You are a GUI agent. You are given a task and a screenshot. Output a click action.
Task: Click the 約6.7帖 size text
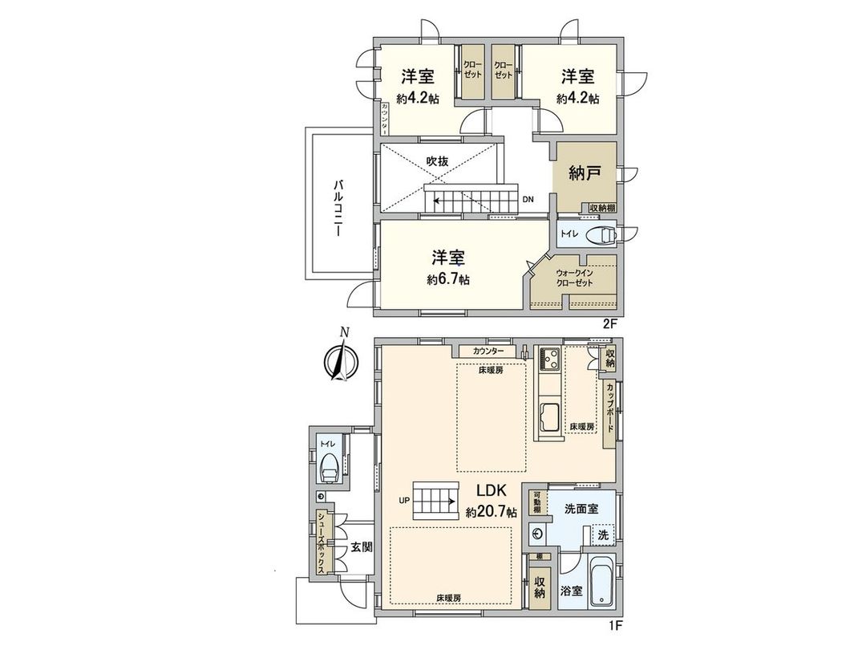(x=448, y=280)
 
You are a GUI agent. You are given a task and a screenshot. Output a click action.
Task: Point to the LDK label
(x=492, y=491)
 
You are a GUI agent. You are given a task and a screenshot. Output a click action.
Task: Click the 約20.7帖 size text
(x=492, y=511)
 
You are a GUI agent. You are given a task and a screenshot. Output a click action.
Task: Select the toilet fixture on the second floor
(x=600, y=235)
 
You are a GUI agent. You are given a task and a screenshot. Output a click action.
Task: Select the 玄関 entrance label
(x=361, y=547)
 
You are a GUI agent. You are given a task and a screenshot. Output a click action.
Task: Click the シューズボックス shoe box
(x=321, y=543)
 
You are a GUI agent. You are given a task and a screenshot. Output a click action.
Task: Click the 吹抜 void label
(x=437, y=161)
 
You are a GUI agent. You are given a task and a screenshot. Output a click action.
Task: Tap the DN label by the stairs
(x=528, y=198)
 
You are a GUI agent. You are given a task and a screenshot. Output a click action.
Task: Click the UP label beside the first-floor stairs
(x=404, y=502)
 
